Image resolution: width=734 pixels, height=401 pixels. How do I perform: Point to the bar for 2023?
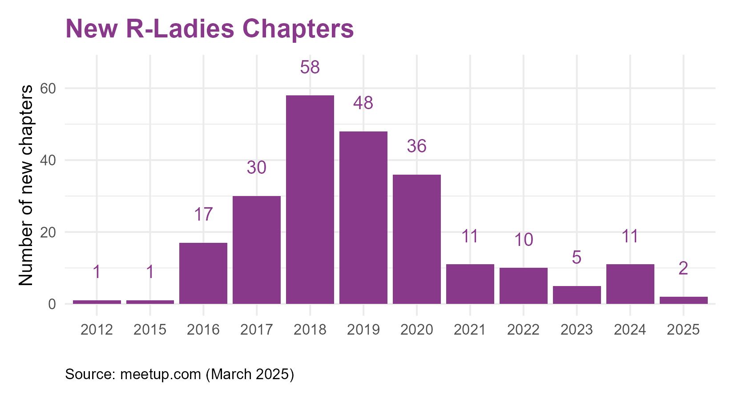[x=577, y=295]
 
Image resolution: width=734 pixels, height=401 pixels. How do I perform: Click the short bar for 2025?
[x=684, y=300]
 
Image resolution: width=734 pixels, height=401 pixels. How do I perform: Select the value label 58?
[x=310, y=67]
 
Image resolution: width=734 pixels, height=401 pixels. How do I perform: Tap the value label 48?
[x=363, y=103]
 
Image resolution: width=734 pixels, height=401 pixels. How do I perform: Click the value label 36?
[x=417, y=146]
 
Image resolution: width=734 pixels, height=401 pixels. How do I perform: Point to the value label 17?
[x=203, y=214]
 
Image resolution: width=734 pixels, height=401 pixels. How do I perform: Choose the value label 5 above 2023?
[x=577, y=258]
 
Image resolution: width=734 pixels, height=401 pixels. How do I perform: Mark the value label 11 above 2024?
[x=630, y=236]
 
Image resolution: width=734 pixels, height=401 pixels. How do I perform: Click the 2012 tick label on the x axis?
[x=97, y=330]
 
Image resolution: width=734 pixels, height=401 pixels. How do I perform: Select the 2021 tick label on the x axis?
[x=470, y=330]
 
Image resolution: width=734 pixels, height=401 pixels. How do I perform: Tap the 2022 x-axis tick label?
[x=524, y=330]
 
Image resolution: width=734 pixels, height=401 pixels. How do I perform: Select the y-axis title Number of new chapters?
[x=26, y=185]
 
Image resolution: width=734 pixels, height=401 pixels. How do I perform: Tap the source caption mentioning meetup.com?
[x=180, y=374]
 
